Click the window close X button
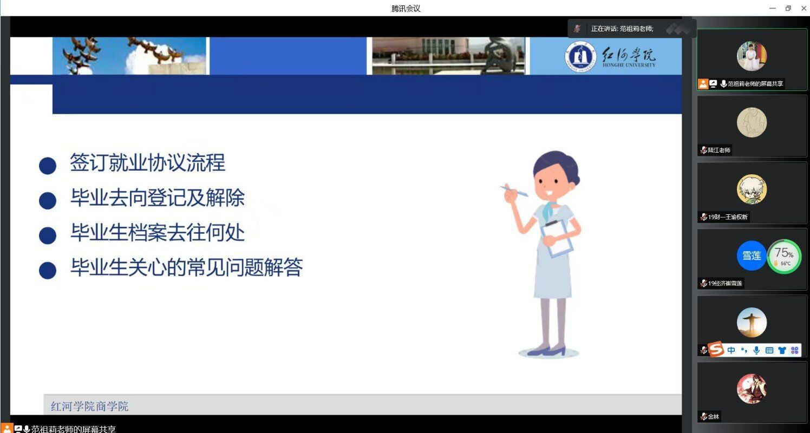(x=804, y=8)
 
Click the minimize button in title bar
(x=773, y=8)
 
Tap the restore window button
(x=788, y=8)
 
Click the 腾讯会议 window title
(x=406, y=8)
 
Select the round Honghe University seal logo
(x=580, y=57)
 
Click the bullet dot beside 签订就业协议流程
(x=47, y=166)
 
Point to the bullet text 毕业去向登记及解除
(x=158, y=198)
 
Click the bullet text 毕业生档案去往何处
(x=158, y=232)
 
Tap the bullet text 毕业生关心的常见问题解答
(x=187, y=267)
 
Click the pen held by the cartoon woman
(x=515, y=191)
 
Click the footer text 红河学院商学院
(x=90, y=406)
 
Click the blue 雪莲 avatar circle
(x=752, y=255)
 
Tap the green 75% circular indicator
(x=784, y=256)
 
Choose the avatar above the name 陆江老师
(x=752, y=122)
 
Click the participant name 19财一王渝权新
(x=728, y=217)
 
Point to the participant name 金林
(x=714, y=416)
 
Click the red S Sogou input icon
(x=716, y=349)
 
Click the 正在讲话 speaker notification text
(x=622, y=29)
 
